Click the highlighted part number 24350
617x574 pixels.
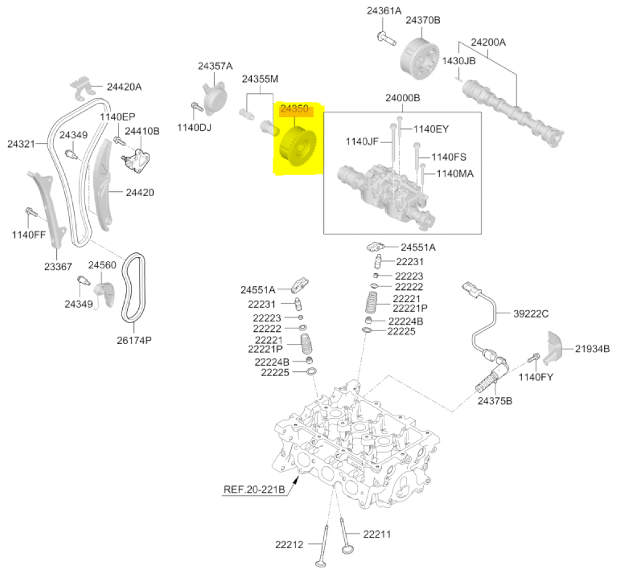tap(294, 109)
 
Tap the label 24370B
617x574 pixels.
tap(423, 20)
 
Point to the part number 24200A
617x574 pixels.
tap(488, 43)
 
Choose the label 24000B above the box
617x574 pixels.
tap(403, 98)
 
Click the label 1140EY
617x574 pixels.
tap(431, 129)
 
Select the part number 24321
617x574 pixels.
tap(20, 144)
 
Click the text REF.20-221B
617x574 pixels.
tap(254, 490)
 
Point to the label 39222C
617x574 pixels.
tap(531, 314)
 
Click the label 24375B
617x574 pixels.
tap(495, 401)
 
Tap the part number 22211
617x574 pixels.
tap(376, 534)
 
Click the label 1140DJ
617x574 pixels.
tap(194, 128)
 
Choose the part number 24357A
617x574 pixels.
tap(215, 66)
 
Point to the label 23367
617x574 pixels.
tap(57, 266)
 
